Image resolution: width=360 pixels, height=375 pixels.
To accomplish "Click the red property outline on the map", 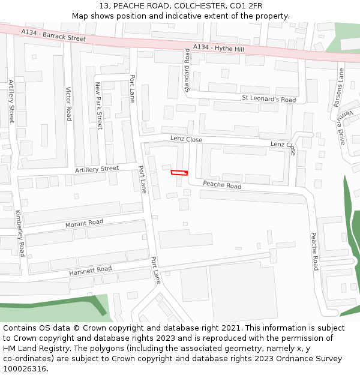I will click(179, 173).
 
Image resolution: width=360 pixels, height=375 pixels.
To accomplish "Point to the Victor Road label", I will click(68, 103).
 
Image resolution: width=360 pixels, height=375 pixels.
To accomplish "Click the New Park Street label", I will click(99, 106).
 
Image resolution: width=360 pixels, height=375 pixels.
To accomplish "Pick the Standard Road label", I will click(187, 71).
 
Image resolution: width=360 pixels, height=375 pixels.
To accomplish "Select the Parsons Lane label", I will click(339, 88).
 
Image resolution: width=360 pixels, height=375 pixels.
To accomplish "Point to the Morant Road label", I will click(84, 223).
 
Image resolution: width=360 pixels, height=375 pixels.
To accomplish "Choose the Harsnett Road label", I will click(90, 271).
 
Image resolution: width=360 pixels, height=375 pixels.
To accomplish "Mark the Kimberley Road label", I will click(20, 233).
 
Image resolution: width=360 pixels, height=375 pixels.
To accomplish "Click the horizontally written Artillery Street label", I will click(97, 170).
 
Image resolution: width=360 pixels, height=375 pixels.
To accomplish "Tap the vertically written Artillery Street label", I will click(11, 101).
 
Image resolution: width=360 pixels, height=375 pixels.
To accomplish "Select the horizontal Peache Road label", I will click(222, 185).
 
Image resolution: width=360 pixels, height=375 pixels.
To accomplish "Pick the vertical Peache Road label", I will click(314, 251).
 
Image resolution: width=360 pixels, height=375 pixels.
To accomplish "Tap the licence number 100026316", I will click(25, 369).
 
